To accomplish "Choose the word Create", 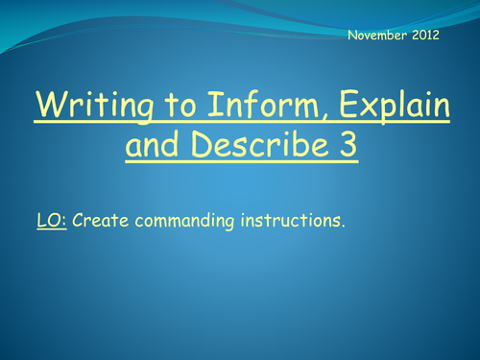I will [99, 220].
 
